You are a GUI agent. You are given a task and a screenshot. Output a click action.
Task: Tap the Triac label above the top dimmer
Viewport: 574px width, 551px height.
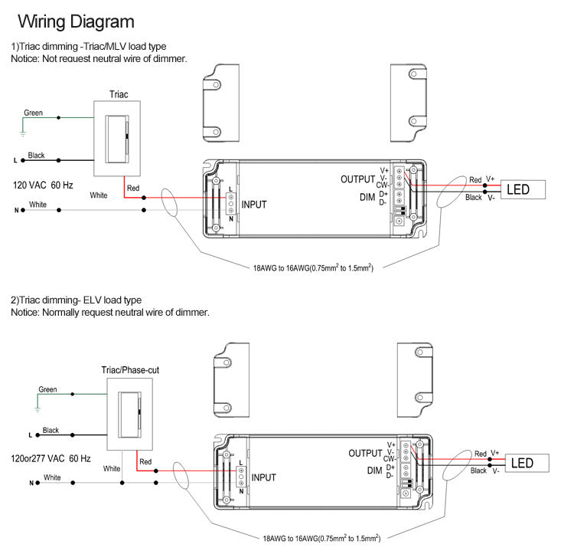click(x=119, y=94)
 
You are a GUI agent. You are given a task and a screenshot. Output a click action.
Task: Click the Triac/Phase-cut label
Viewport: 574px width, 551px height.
click(x=130, y=370)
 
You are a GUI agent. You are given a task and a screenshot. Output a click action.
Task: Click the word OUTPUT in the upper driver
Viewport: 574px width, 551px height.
click(x=358, y=179)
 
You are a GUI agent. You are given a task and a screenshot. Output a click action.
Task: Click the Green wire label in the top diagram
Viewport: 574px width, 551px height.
click(x=33, y=113)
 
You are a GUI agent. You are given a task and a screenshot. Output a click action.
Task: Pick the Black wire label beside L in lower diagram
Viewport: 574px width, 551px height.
click(x=51, y=431)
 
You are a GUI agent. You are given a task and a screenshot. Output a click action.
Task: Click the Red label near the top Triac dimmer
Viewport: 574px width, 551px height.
click(x=133, y=188)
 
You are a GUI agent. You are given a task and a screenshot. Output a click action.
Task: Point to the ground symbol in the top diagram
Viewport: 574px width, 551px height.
click(x=22, y=134)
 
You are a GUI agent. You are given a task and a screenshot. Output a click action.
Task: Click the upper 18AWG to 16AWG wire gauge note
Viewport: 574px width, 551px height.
click(x=312, y=268)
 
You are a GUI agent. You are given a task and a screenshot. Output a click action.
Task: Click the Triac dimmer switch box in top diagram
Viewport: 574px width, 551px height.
click(x=119, y=139)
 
